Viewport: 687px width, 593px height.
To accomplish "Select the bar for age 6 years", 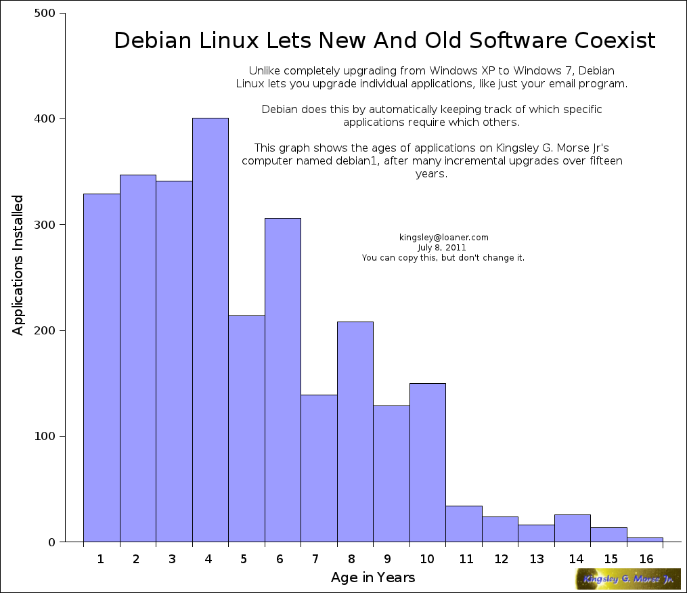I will [282, 380].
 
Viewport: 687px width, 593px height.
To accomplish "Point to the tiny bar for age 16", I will [644, 540].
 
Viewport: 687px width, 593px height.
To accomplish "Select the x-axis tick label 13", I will [537, 559].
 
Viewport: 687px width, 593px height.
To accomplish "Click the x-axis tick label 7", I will [315, 559].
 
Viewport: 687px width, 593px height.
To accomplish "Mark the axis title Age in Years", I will [373, 578].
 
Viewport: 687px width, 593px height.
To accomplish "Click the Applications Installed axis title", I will [19, 265].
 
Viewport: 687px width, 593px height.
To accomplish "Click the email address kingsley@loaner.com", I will [444, 238].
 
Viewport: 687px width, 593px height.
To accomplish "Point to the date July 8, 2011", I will [442, 248].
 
